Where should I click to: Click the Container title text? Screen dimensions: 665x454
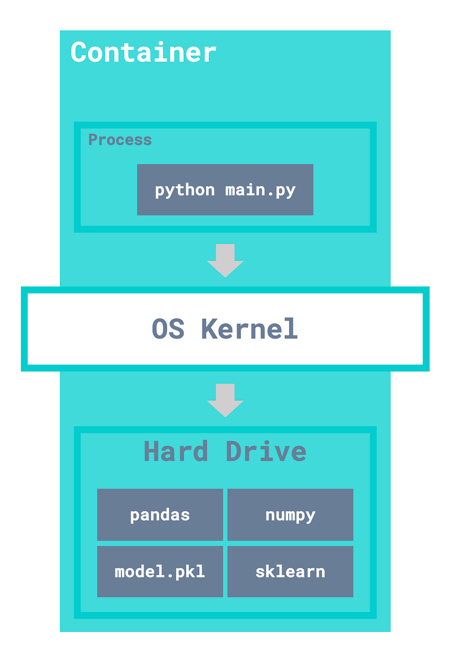(x=143, y=53)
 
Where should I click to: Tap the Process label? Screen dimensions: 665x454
(x=120, y=140)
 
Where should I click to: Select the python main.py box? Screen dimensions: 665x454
(x=225, y=190)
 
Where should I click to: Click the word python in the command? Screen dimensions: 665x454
(x=184, y=190)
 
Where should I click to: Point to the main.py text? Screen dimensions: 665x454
(x=260, y=190)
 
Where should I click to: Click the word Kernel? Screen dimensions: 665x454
(x=249, y=329)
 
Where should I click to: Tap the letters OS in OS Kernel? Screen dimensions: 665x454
(x=168, y=329)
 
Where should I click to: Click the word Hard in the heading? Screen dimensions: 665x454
(x=176, y=452)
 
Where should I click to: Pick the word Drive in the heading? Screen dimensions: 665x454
(x=266, y=452)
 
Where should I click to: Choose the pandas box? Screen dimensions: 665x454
(x=160, y=515)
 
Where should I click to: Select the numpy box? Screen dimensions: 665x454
(x=290, y=515)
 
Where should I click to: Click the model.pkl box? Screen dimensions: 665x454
(x=160, y=571)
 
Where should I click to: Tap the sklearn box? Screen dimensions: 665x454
(x=290, y=571)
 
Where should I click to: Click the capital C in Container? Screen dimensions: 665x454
(x=79, y=53)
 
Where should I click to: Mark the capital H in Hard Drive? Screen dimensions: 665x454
(x=152, y=452)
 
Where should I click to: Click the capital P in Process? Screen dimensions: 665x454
(x=93, y=140)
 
